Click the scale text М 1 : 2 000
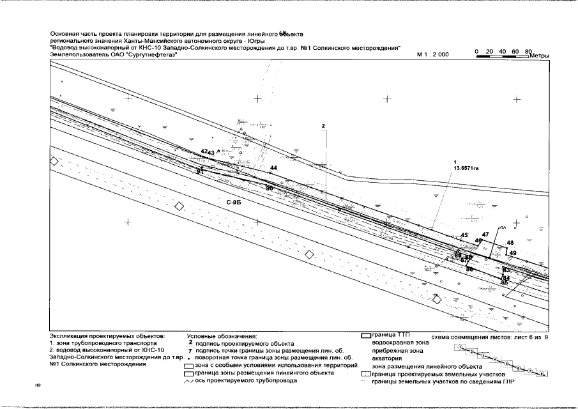tap(432, 55)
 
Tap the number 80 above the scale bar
tap(527, 50)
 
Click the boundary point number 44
tap(273, 167)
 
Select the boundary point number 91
tap(200, 171)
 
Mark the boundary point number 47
tap(485, 235)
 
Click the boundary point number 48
tap(510, 243)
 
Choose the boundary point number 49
tap(513, 254)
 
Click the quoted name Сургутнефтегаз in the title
tap(151, 56)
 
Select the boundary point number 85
tap(505, 282)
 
